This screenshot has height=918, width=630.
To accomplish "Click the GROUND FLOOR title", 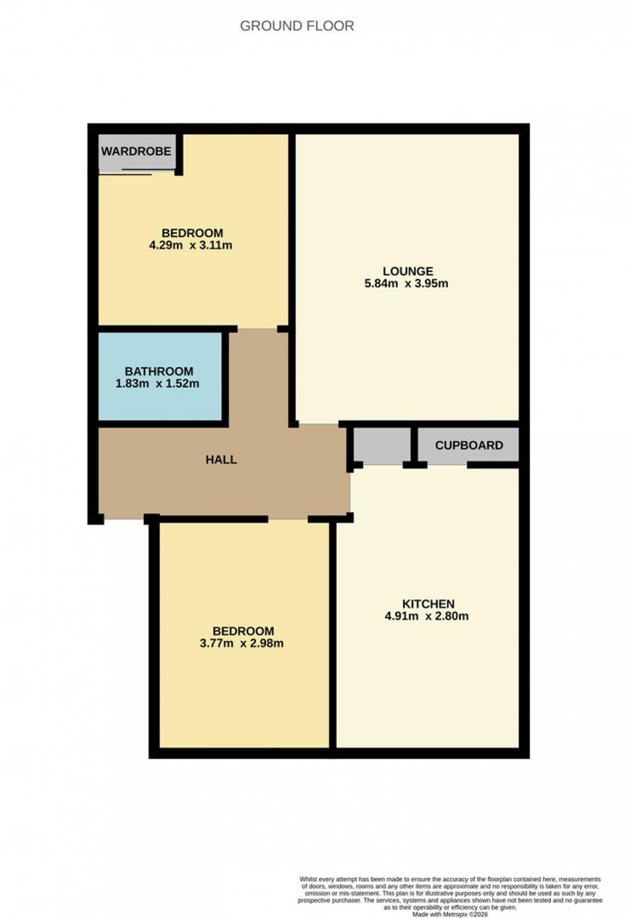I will (x=297, y=26).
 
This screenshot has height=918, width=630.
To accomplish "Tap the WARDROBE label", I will (x=136, y=152).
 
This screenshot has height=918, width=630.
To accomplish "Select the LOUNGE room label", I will (x=408, y=271).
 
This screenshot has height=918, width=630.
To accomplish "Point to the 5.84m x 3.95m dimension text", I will (x=406, y=283).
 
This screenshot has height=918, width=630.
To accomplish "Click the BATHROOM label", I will (x=159, y=372).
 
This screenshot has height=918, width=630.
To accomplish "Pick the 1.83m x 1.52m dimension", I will (x=157, y=384).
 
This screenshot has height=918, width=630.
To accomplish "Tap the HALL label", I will (x=221, y=460).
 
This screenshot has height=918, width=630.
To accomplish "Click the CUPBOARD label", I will (x=469, y=446).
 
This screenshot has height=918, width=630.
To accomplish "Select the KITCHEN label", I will (x=428, y=604).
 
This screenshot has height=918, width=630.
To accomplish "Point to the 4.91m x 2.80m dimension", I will (x=427, y=616).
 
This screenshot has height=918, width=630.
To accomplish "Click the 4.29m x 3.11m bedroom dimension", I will (x=190, y=245).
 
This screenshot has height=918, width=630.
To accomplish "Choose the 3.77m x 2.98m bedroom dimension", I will (x=242, y=643).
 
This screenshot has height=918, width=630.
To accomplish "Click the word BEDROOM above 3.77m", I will (x=243, y=631).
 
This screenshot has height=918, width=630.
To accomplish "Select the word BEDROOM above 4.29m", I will (x=192, y=233).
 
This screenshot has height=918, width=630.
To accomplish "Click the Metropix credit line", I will (x=450, y=914).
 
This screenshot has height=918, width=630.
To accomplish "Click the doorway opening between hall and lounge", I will (x=319, y=425).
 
